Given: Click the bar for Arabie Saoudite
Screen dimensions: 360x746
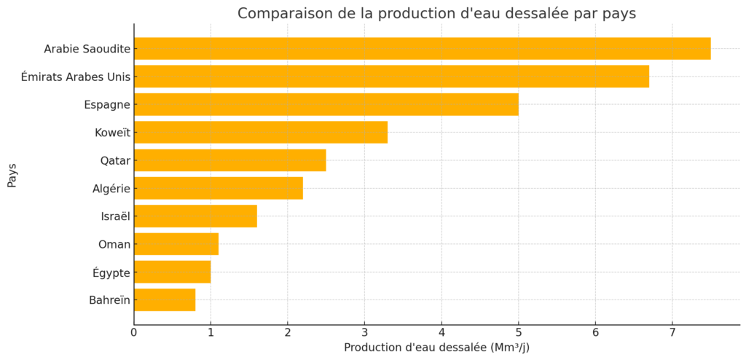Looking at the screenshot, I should [x=422, y=49].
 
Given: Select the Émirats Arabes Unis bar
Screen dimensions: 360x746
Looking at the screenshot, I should [x=391, y=77].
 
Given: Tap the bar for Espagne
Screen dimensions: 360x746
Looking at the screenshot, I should [x=326, y=104].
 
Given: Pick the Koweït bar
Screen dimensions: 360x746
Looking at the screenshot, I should [x=260, y=133].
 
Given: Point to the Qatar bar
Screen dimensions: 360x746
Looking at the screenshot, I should [x=229, y=160].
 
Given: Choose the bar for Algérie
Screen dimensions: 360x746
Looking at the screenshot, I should [x=218, y=188].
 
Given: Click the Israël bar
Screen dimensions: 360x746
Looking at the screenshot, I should [x=195, y=216].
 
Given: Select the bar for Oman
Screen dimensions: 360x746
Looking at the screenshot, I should [x=176, y=244].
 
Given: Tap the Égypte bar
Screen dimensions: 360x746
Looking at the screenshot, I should [x=172, y=272].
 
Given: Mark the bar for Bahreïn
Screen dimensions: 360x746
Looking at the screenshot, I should [x=165, y=300].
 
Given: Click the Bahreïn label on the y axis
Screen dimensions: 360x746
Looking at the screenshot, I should [x=109, y=300].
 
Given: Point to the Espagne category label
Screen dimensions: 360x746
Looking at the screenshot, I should [x=107, y=104].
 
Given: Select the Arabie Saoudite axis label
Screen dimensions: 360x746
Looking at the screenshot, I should [x=87, y=49].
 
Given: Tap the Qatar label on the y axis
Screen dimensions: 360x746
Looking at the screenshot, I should [x=115, y=160].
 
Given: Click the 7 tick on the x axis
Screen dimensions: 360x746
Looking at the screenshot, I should [x=672, y=333].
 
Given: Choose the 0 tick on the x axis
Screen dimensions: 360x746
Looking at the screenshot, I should [x=134, y=333].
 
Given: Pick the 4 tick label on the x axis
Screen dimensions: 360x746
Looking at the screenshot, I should [x=441, y=333].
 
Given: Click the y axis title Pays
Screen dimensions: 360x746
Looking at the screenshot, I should [x=12, y=175].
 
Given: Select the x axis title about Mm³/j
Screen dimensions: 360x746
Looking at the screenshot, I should [x=436, y=348].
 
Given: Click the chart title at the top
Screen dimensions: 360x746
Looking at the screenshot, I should [x=436, y=13].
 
